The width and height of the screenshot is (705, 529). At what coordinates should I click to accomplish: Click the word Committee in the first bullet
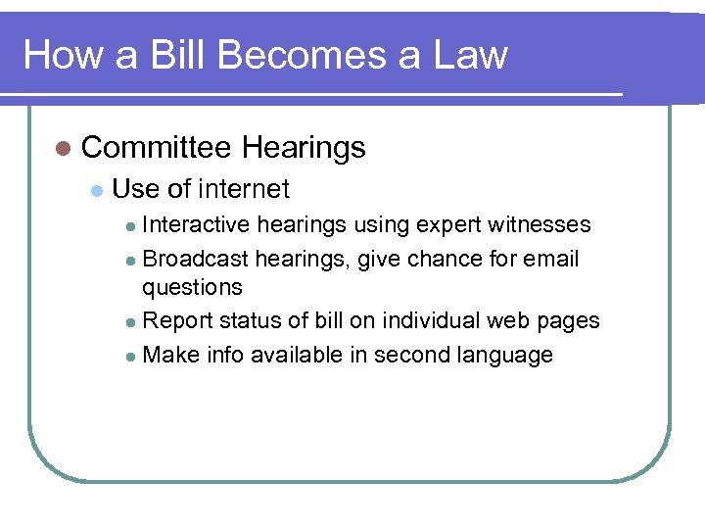pyautogui.click(x=157, y=148)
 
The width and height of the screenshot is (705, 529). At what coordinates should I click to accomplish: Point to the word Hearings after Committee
pyautogui.click(x=304, y=148)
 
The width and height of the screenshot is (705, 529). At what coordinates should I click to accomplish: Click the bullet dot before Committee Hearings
pyautogui.click(x=63, y=149)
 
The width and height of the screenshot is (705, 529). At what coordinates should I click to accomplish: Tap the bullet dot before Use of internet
pyautogui.click(x=95, y=189)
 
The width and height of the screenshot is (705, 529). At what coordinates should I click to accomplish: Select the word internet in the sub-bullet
pyautogui.click(x=244, y=188)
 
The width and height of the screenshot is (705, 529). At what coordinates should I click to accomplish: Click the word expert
pyautogui.click(x=446, y=225)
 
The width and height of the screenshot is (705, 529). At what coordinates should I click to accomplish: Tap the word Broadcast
pyautogui.click(x=196, y=259)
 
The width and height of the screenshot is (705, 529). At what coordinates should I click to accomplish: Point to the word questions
pyautogui.click(x=192, y=288)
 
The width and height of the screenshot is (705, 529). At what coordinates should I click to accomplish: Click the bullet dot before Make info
pyautogui.click(x=132, y=356)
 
